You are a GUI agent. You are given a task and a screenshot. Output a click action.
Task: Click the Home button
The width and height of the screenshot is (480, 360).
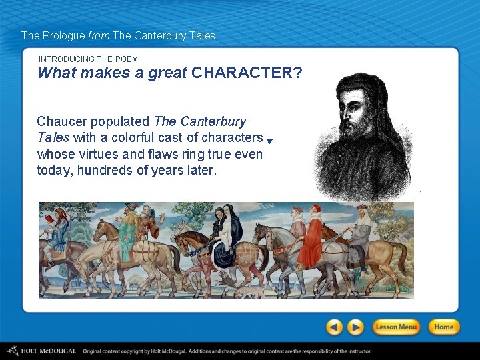tap(443, 327)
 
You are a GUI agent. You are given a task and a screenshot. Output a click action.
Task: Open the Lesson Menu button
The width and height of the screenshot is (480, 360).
tap(396, 327)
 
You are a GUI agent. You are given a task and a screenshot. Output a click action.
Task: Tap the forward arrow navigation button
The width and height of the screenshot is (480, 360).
tap(357, 327)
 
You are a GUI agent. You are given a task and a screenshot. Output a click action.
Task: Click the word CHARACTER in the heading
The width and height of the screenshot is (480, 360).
tap(241, 73)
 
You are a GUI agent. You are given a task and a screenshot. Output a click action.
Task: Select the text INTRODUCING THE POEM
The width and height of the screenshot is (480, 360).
tap(88, 59)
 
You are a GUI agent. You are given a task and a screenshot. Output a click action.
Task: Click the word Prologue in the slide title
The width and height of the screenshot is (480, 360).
tap(64, 35)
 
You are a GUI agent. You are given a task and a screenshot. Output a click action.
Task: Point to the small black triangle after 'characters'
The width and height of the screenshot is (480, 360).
tap(269, 141)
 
